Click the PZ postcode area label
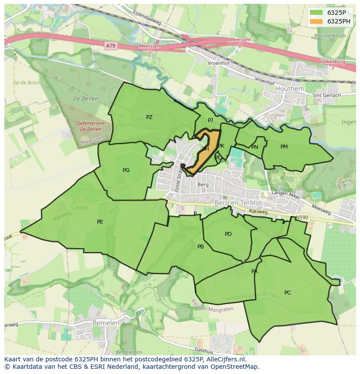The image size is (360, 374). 149,117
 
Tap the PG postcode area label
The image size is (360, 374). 126,170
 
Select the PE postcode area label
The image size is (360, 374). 100,222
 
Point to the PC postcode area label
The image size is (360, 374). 287,293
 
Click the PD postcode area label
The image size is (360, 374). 228,234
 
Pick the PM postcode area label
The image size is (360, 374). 284,147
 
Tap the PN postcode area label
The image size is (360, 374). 255,147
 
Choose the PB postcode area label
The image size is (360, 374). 200,247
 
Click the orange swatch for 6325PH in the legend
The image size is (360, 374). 316,21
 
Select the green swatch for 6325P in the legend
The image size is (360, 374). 316,13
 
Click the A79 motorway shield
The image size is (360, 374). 111,45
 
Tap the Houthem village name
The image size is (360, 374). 290,89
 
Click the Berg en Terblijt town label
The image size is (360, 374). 238,203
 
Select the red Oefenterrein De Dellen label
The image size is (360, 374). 90,126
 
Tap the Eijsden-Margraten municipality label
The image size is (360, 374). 212,305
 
